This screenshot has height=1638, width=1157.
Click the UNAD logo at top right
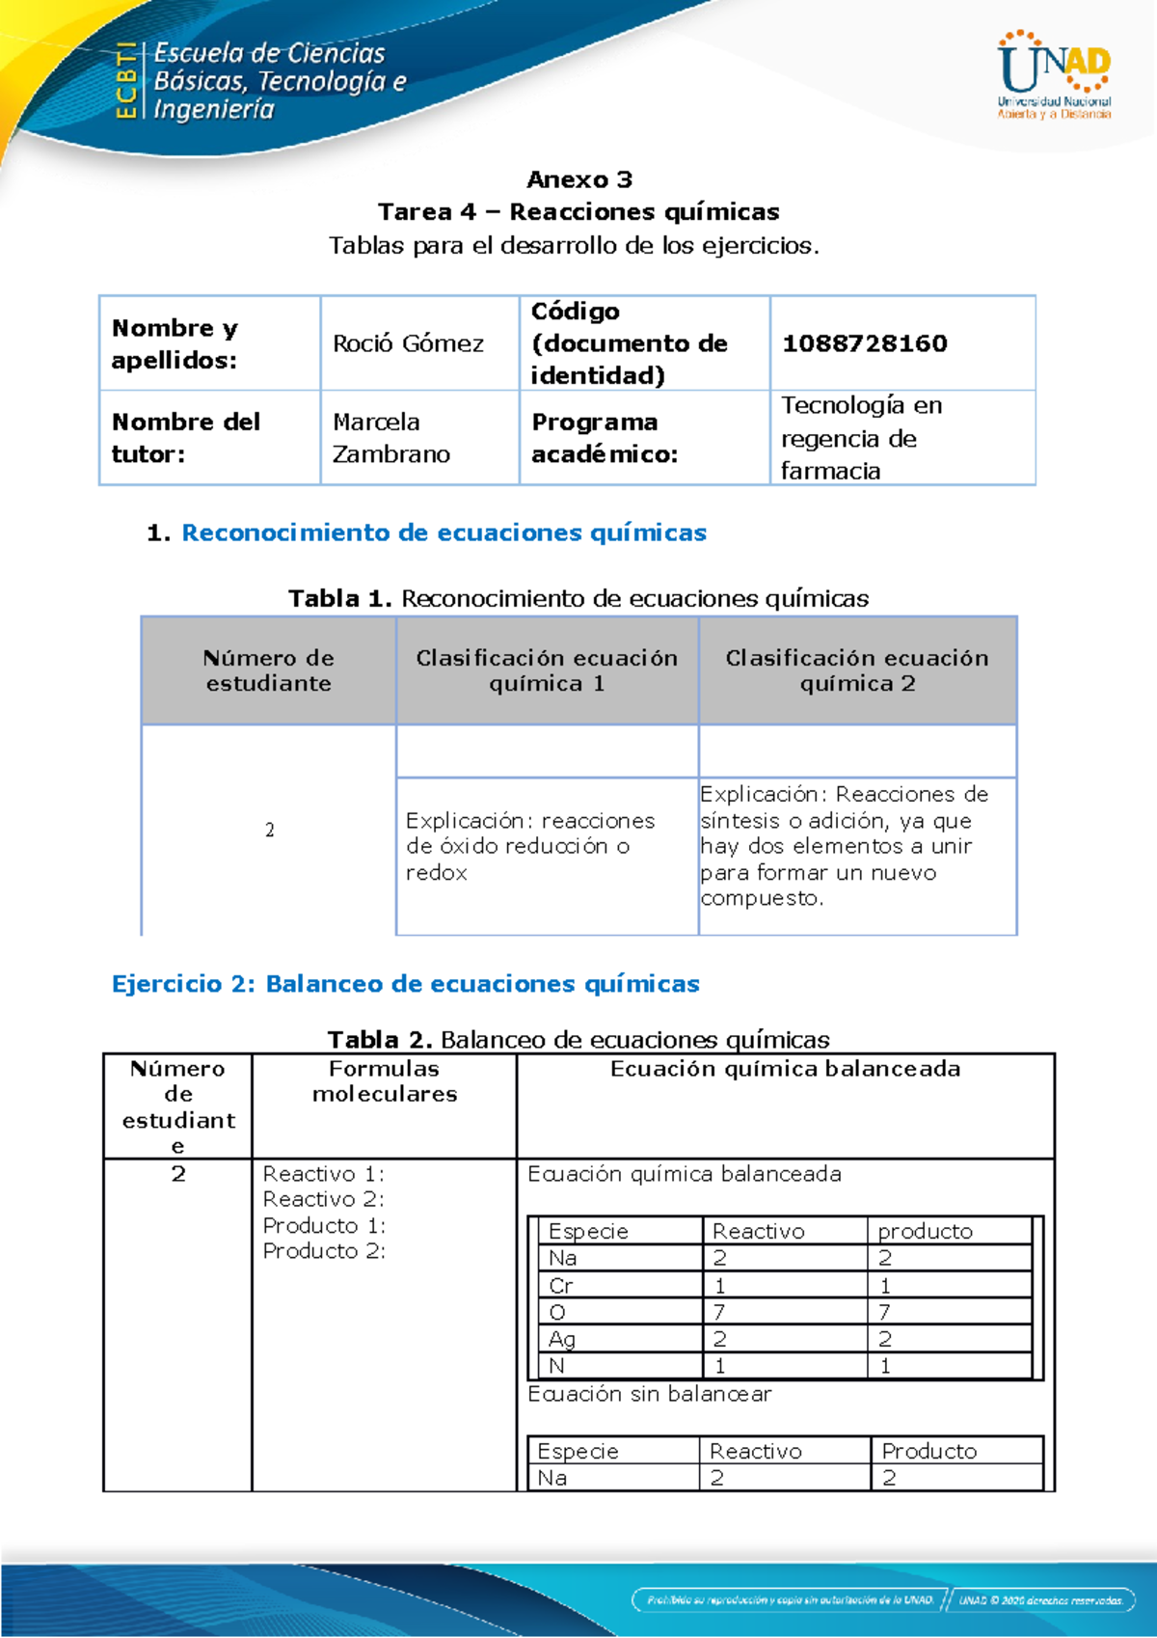click(x=1054, y=74)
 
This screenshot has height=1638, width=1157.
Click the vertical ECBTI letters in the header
click(x=125, y=80)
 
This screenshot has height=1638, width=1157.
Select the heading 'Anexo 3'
click(x=579, y=179)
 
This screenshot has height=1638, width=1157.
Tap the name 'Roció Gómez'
click(x=408, y=343)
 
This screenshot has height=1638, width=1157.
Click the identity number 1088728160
click(x=864, y=343)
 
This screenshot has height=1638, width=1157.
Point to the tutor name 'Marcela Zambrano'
click(x=390, y=438)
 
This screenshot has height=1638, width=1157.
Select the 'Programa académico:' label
click(x=605, y=438)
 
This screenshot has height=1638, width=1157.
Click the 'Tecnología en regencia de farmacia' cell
click(x=861, y=438)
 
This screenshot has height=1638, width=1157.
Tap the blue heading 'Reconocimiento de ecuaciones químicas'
click(x=444, y=532)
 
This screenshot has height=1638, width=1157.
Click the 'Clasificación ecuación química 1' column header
click(x=547, y=670)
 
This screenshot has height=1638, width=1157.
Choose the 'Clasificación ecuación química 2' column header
click(x=857, y=670)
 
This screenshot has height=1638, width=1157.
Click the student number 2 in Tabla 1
click(x=269, y=830)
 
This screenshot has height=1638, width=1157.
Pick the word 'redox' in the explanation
click(x=436, y=873)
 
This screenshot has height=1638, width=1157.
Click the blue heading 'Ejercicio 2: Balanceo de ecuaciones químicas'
click(x=405, y=984)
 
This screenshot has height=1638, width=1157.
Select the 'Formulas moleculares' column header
click(x=384, y=1081)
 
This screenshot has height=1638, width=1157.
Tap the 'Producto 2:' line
click(x=324, y=1251)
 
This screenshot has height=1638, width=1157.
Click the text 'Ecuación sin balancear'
click(x=649, y=1394)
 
